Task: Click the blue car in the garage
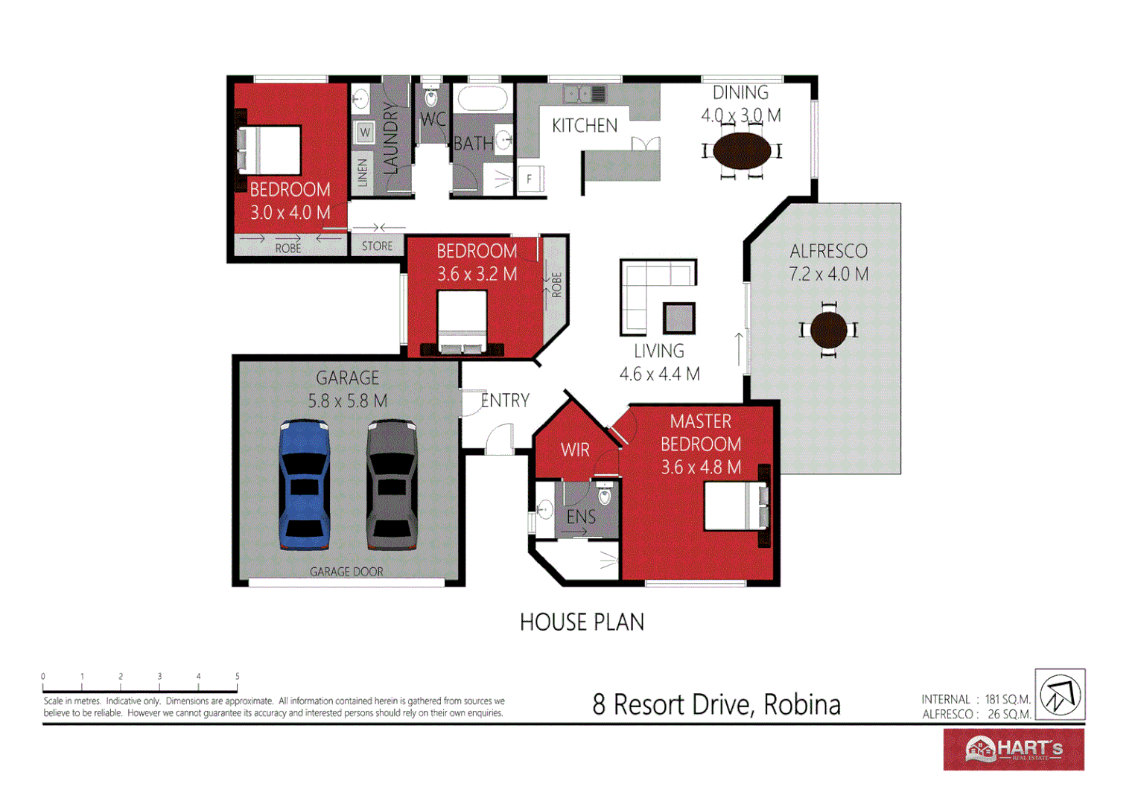305,485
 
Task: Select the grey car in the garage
392,485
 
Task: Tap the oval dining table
742,151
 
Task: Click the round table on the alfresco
828,330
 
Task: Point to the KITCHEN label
585,126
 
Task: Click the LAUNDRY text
391,139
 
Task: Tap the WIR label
575,450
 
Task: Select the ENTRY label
505,401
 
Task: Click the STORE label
377,246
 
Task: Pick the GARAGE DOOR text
346,572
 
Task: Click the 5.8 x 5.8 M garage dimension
348,401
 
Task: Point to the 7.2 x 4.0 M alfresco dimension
829,274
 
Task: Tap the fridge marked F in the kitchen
530,179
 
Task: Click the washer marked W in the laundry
365,133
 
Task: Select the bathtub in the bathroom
482,99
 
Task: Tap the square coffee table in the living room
678,319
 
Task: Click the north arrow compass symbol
1060,694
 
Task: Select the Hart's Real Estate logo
1014,749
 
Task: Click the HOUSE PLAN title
582,622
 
